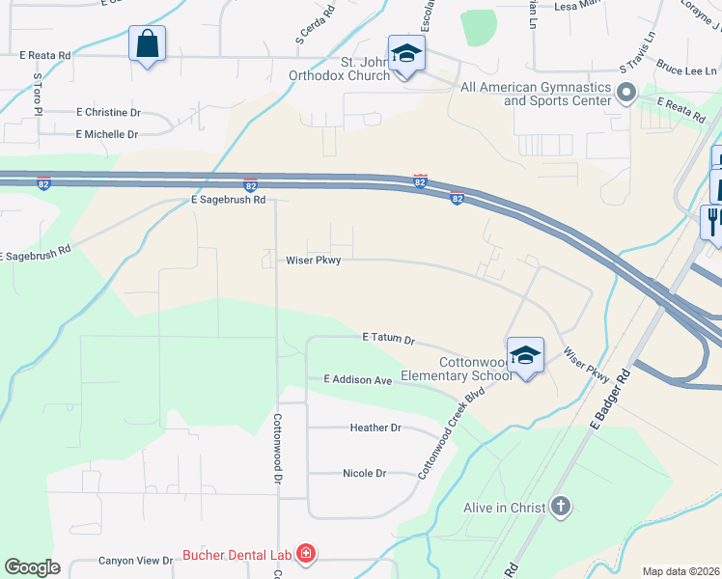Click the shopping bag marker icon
coord(147,44)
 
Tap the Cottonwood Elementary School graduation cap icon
coord(525,355)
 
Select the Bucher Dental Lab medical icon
coord(305,554)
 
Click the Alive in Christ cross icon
coord(561,506)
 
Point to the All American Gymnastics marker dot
coord(627,94)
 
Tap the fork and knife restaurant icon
coord(712,221)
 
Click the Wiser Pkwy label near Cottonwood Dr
coord(314,260)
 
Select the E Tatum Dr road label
coord(388,339)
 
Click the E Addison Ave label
coord(358,380)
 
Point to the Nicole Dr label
coord(364,474)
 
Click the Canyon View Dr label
coord(135,561)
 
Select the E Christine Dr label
coord(108,112)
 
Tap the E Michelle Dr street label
coord(106,134)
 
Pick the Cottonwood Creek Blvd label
coord(451,434)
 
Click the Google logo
coord(33,567)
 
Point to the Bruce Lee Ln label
coord(687,69)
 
